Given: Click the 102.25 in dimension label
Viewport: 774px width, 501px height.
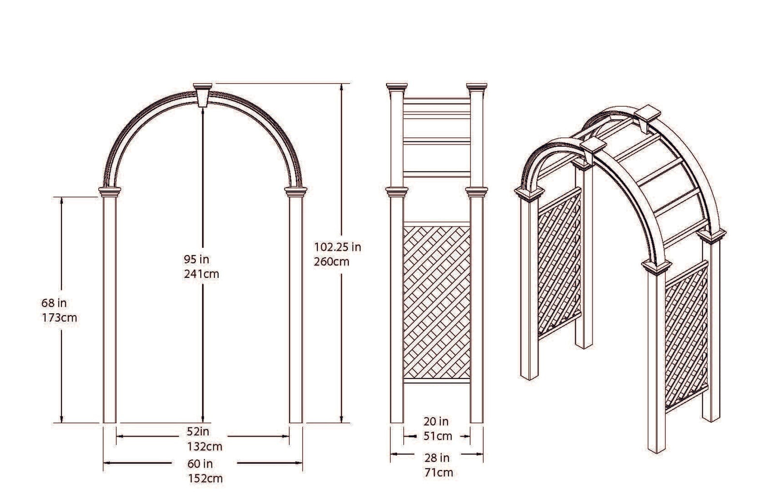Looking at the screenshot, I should [x=338, y=247].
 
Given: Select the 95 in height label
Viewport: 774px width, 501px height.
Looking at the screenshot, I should [x=196, y=260].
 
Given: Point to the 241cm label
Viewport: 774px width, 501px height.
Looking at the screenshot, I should [x=201, y=274].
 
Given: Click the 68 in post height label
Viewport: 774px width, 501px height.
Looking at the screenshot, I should [x=54, y=304].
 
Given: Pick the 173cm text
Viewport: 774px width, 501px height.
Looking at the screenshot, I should [x=59, y=318].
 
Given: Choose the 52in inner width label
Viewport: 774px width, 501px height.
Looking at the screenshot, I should [x=198, y=431].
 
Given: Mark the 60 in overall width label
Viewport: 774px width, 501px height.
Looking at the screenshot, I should [x=200, y=464].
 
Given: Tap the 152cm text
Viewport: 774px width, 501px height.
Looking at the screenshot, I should [x=205, y=479].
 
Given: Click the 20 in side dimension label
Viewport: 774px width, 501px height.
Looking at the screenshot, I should [x=436, y=422].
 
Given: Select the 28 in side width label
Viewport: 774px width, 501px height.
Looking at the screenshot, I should [x=437, y=458].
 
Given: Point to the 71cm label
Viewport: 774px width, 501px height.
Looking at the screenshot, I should [x=438, y=472].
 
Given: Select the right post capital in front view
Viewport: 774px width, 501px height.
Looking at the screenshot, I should [x=296, y=192].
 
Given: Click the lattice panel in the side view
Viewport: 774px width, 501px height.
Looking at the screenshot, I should [x=437, y=301].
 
